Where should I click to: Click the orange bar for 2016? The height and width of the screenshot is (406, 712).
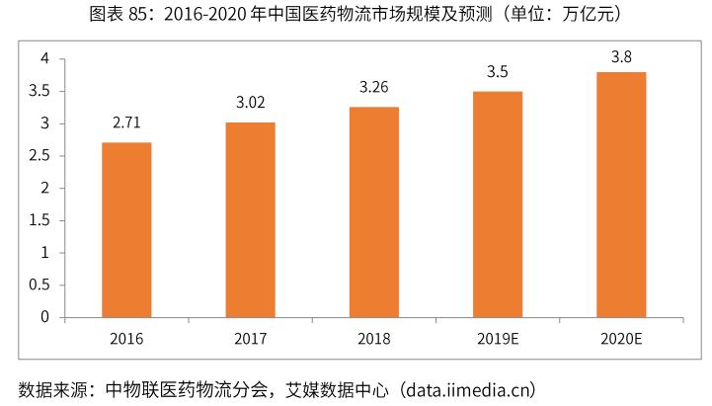(x=126, y=230)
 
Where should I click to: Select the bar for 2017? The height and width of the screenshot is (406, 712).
(x=250, y=220)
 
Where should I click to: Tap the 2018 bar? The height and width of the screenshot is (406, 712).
(x=373, y=212)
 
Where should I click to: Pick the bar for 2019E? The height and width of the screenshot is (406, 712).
(x=498, y=204)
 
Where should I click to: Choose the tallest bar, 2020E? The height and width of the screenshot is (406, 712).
(x=621, y=195)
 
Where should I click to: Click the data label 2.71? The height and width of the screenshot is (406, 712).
(x=126, y=125)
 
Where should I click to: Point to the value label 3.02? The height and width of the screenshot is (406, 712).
(x=250, y=103)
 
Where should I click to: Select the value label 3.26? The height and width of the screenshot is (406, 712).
(x=373, y=88)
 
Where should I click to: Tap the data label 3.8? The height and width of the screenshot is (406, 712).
(x=621, y=56)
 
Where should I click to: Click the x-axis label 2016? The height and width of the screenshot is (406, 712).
(x=126, y=339)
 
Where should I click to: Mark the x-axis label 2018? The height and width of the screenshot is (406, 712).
(x=373, y=339)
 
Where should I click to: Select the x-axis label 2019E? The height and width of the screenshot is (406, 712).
(x=498, y=339)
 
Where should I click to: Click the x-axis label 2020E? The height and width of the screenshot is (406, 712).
(x=621, y=339)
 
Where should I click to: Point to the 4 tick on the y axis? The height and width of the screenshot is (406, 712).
(x=44, y=59)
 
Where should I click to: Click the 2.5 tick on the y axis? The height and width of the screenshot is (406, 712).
(x=40, y=156)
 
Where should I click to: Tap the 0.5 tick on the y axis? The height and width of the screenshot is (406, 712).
(x=40, y=284)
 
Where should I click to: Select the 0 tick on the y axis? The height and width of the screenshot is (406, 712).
(x=44, y=317)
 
